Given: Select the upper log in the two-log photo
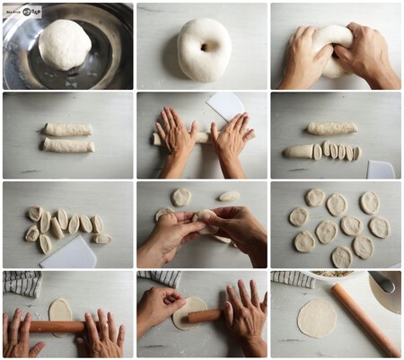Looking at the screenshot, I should pyautogui.click(x=68, y=129).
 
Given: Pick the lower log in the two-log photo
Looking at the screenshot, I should pyautogui.click(x=68, y=145).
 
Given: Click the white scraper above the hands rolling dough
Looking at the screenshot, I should pyautogui.click(x=226, y=106).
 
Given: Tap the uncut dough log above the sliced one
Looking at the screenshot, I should pyautogui.click(x=331, y=128).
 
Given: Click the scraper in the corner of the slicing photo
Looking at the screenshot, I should pyautogui.click(x=381, y=168).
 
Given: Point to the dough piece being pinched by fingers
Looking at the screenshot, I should pyautogui.click(x=205, y=218).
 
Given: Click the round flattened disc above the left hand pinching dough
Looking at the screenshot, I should pyautogui.click(x=181, y=197).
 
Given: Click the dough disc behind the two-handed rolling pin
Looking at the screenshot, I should pyautogui.click(x=60, y=310).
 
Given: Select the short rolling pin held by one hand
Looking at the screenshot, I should pyautogui.click(x=205, y=316).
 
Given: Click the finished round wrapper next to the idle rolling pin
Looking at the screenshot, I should pyautogui.click(x=317, y=319).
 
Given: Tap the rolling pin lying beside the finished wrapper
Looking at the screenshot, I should pyautogui.click(x=364, y=318).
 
